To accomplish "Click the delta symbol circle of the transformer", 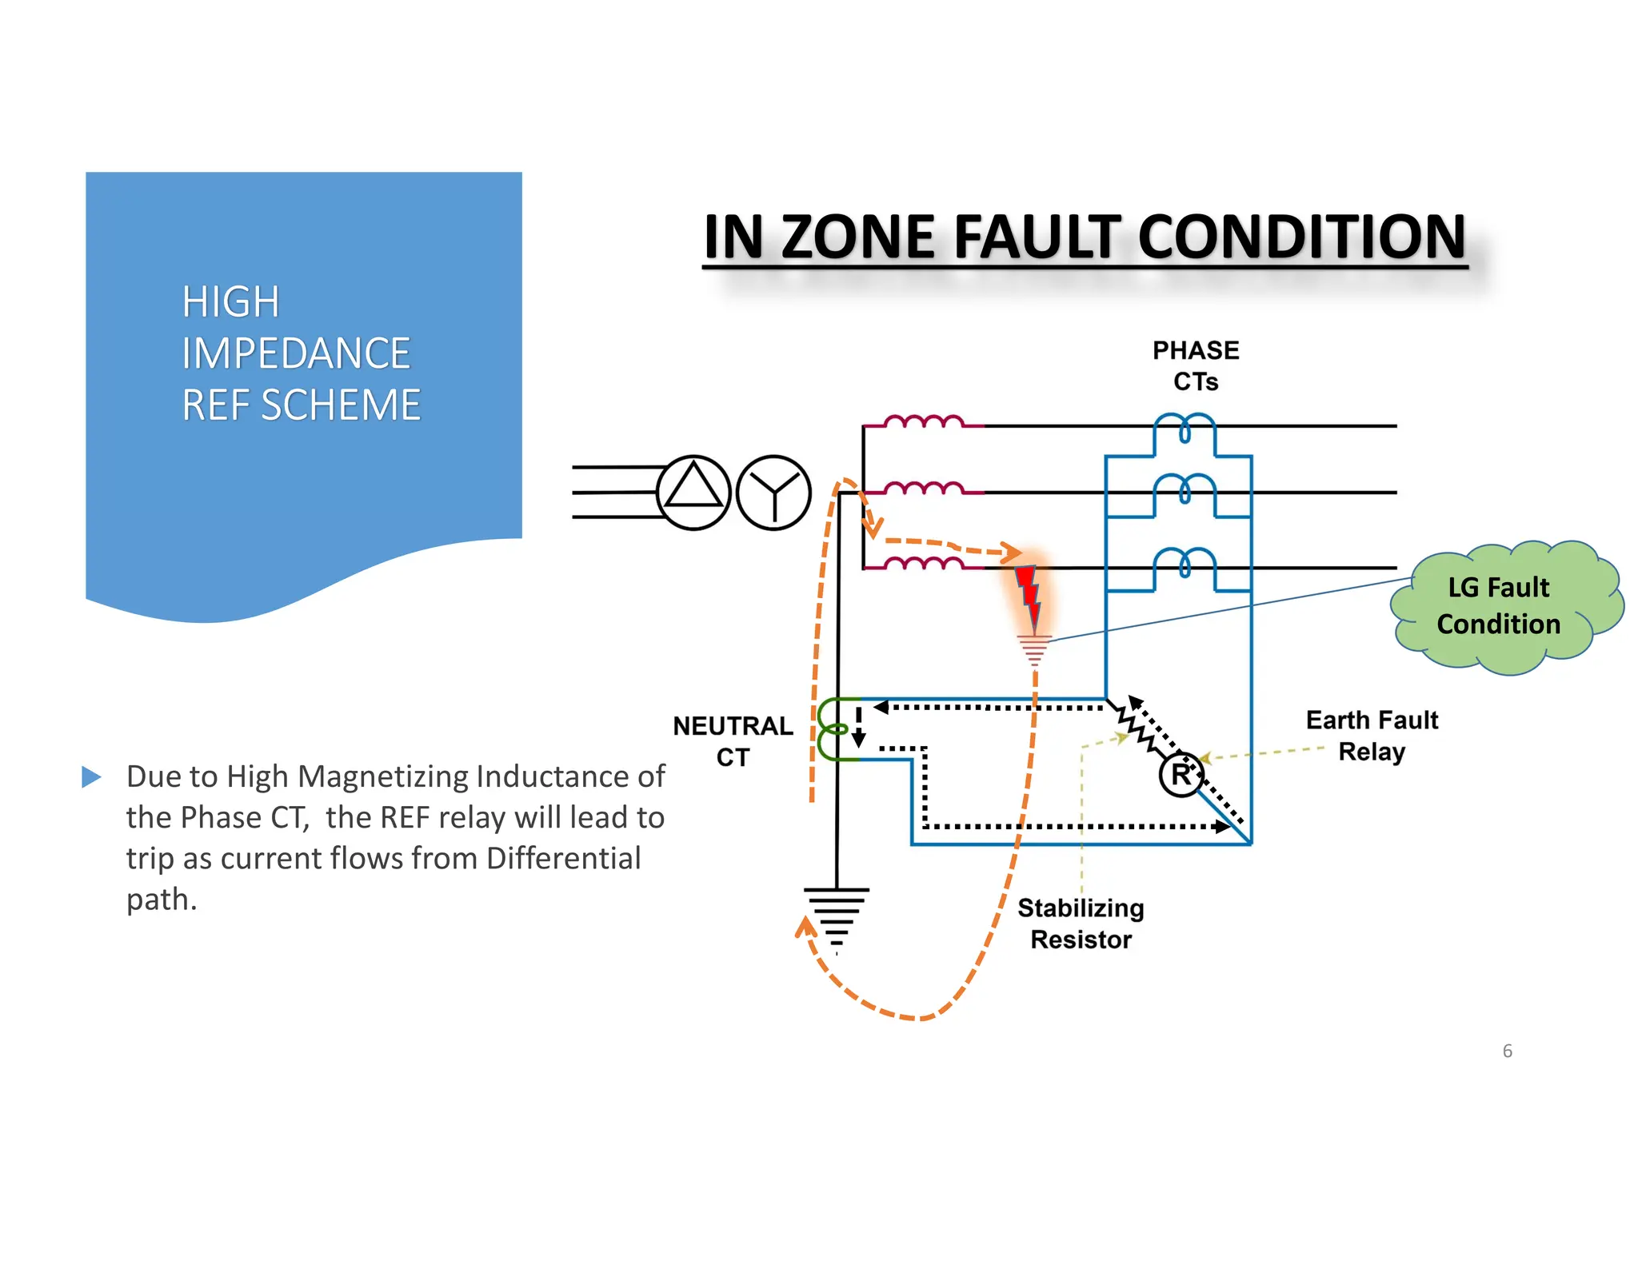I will point(693,493).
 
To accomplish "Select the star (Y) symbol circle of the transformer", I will point(773,493).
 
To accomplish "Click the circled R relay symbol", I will point(1181,774).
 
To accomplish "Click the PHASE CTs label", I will point(1195,365).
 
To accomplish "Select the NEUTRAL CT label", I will point(733,740).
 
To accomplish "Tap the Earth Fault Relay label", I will point(1372,736).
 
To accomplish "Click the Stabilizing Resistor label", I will point(1081,924).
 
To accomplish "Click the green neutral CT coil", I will point(833,728).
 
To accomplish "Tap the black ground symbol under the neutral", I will point(836,916).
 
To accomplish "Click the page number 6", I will point(1507,1051).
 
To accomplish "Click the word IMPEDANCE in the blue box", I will point(295,353).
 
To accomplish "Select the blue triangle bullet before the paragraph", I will point(92,776).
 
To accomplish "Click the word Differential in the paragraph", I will point(563,858).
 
